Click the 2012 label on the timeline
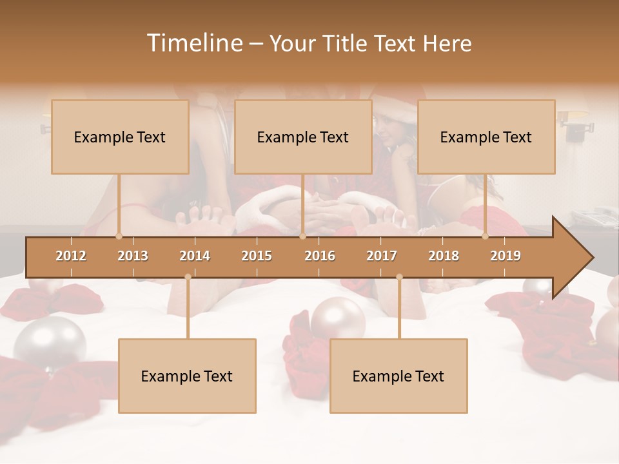[x=71, y=256]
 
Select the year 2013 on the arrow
[x=133, y=256]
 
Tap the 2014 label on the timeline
[x=195, y=256]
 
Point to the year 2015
[x=257, y=256]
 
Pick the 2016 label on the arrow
[x=320, y=256]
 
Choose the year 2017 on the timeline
[x=382, y=256]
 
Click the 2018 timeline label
[x=444, y=256]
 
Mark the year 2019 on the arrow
[x=506, y=256]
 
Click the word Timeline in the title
[x=193, y=43]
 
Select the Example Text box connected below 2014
[x=187, y=376]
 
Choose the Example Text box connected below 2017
[x=398, y=376]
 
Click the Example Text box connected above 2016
[x=303, y=137]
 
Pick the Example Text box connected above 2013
[x=120, y=137]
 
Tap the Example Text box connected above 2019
[x=486, y=137]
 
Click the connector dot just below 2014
[x=188, y=277]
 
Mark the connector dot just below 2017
[x=399, y=277]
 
